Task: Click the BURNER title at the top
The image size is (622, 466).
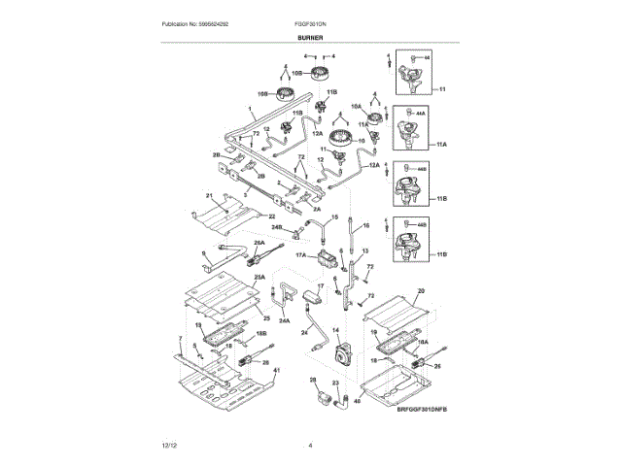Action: pos(311,38)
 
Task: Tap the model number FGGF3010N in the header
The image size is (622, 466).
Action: pos(308,22)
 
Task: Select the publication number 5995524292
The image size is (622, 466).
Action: pos(202,22)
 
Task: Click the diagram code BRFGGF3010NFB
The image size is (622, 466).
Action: pos(425,411)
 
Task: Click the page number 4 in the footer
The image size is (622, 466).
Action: pos(310,446)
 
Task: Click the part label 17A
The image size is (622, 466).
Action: pos(301,255)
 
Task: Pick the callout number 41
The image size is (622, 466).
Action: pos(276,372)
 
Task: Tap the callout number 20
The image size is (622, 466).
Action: pos(421,291)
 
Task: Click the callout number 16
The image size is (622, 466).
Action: pos(367,225)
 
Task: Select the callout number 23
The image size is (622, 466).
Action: pos(335,383)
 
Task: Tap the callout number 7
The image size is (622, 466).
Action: pos(180,337)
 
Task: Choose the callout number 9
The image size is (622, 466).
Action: pos(204,255)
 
